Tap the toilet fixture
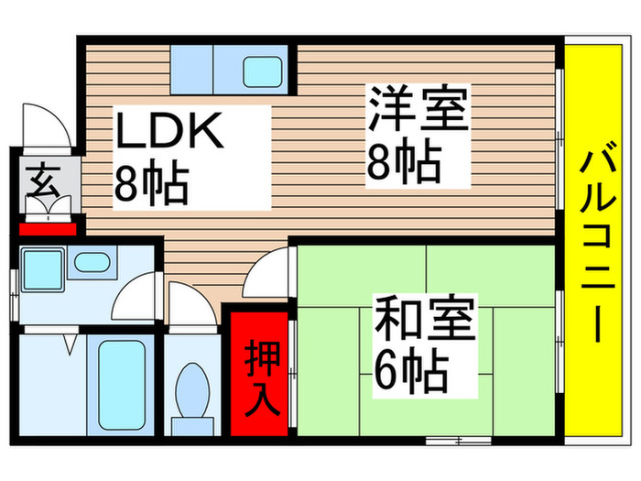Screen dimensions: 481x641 coord(193,393)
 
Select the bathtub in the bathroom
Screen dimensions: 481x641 coord(120,385)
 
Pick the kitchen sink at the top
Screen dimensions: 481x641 coord(263,70)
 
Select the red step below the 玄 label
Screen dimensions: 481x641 coord(48,227)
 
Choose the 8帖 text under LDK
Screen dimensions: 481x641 coord(151,183)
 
